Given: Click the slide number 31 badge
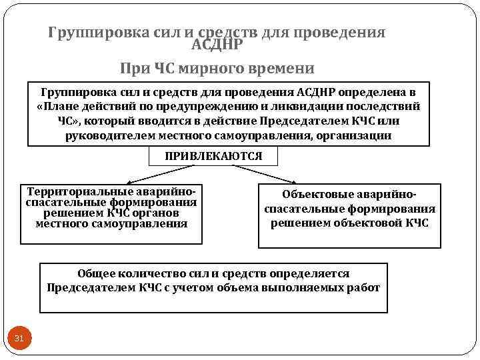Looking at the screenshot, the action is (19, 339).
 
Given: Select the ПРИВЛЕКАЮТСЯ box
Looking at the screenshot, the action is (213, 156).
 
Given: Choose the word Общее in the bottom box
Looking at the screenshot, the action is (97, 274).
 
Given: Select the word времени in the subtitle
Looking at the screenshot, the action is (285, 68).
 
